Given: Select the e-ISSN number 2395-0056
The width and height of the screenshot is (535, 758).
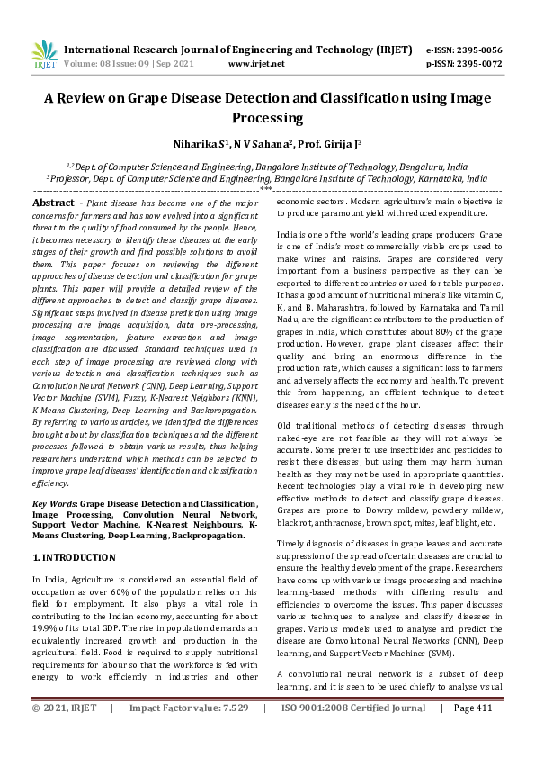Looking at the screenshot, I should click(477, 50).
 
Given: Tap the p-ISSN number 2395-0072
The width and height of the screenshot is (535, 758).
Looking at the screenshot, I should click(477, 64).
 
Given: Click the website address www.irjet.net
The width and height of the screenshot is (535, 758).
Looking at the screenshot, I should click(256, 64).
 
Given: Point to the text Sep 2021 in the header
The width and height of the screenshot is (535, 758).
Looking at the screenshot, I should click(178, 64).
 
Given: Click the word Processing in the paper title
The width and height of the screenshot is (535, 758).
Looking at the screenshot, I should click(267, 118).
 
